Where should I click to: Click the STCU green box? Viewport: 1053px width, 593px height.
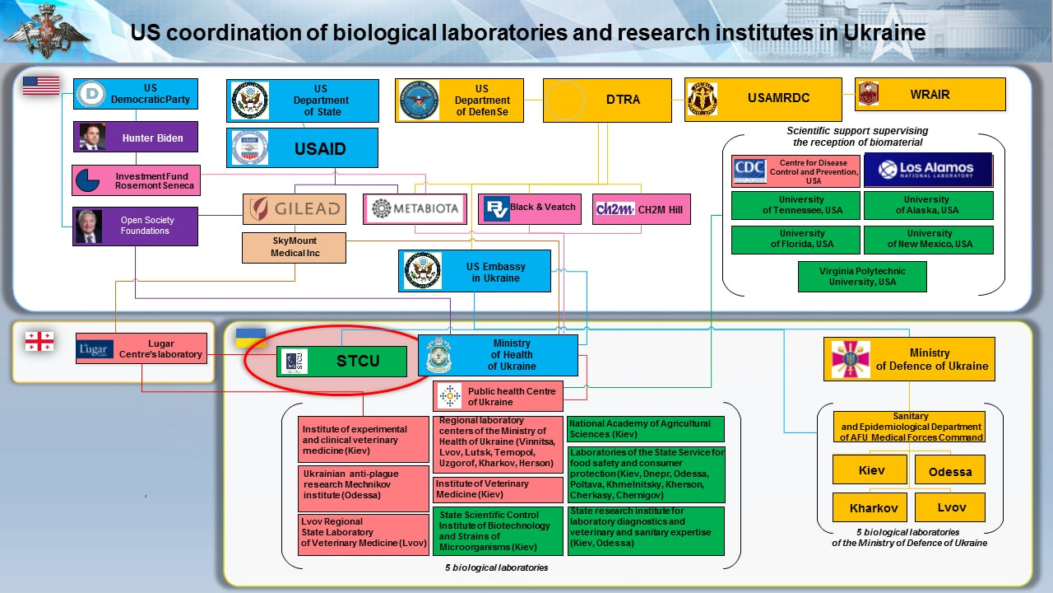[341, 362]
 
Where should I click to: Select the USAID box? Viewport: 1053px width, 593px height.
[302, 148]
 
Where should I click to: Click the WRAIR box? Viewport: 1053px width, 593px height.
[930, 95]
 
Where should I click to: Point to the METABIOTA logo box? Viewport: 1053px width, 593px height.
[415, 208]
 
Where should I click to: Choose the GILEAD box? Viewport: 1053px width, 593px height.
[294, 209]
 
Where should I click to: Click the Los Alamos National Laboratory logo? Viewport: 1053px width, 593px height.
[928, 170]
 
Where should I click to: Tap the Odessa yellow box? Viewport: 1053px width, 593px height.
[949, 471]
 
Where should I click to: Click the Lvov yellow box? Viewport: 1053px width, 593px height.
[949, 507]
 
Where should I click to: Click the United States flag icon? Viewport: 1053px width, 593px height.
[41, 85]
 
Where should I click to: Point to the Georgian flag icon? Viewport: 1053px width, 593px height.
[39, 341]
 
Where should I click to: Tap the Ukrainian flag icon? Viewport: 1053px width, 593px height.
[250, 338]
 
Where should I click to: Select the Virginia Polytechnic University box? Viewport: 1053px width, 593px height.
[862, 276]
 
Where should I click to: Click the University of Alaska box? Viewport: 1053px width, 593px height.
[928, 205]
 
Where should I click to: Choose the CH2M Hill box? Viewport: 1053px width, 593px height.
[641, 209]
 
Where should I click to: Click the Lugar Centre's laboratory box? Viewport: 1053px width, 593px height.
[141, 348]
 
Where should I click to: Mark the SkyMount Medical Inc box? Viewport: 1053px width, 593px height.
[294, 247]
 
